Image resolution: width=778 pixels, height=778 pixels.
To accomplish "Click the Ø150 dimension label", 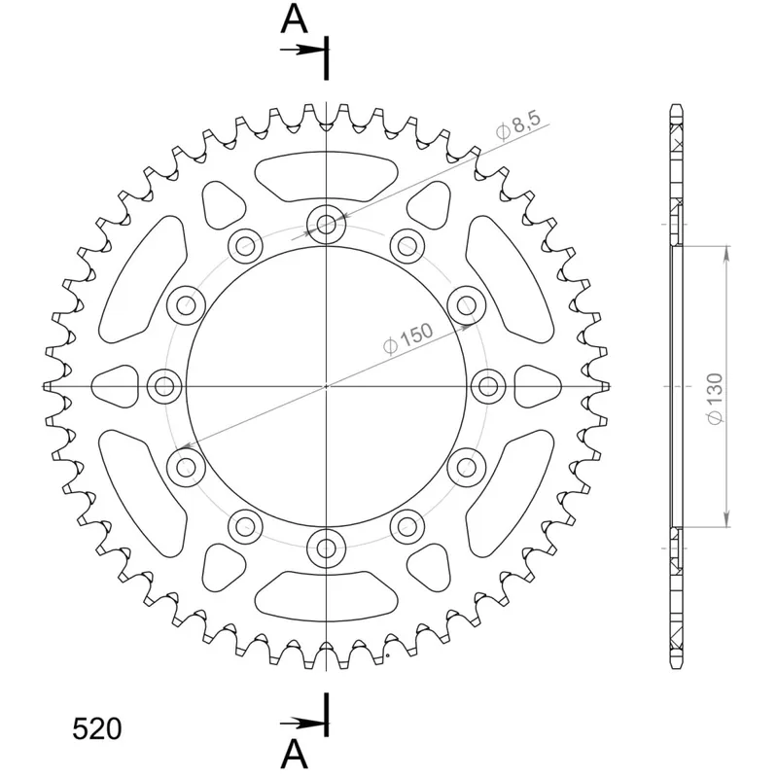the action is click(408, 338).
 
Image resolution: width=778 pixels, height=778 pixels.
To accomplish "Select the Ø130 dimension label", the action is click(715, 399).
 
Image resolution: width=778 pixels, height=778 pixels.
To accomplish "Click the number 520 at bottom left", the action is click(97, 728).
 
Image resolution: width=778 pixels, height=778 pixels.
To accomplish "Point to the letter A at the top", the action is click(295, 18).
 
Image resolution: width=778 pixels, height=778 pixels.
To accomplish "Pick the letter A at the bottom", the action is click(295, 754).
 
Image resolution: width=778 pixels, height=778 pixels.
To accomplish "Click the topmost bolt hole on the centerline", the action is click(326, 224).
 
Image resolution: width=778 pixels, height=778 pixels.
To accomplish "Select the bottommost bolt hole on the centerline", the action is click(326, 548).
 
